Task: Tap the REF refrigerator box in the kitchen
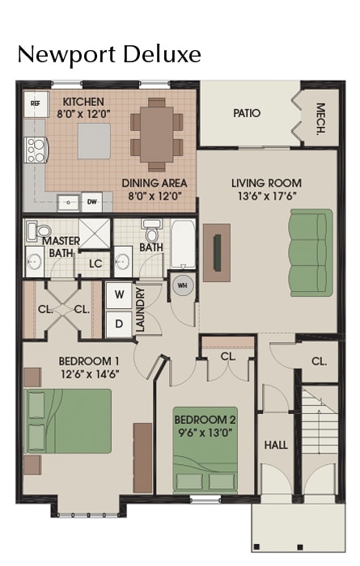pos(36,103)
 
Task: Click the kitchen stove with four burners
pos(36,150)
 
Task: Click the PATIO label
pos(247,113)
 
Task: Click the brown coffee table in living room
pos(216,251)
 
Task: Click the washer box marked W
pos(120,294)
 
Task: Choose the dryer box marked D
pos(120,323)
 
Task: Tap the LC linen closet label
pos(95,263)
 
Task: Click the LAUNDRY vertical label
pos(141,310)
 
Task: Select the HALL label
pos(276,445)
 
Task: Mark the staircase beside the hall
pos(320,441)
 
